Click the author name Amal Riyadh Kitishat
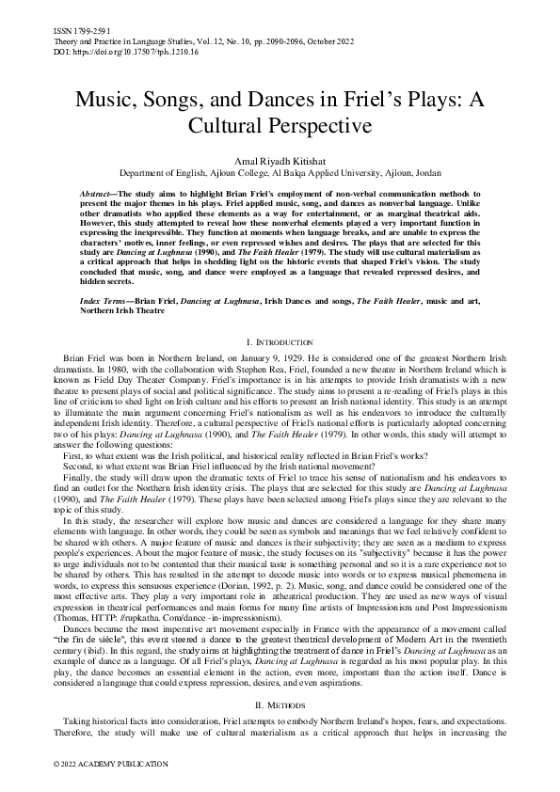280,162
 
